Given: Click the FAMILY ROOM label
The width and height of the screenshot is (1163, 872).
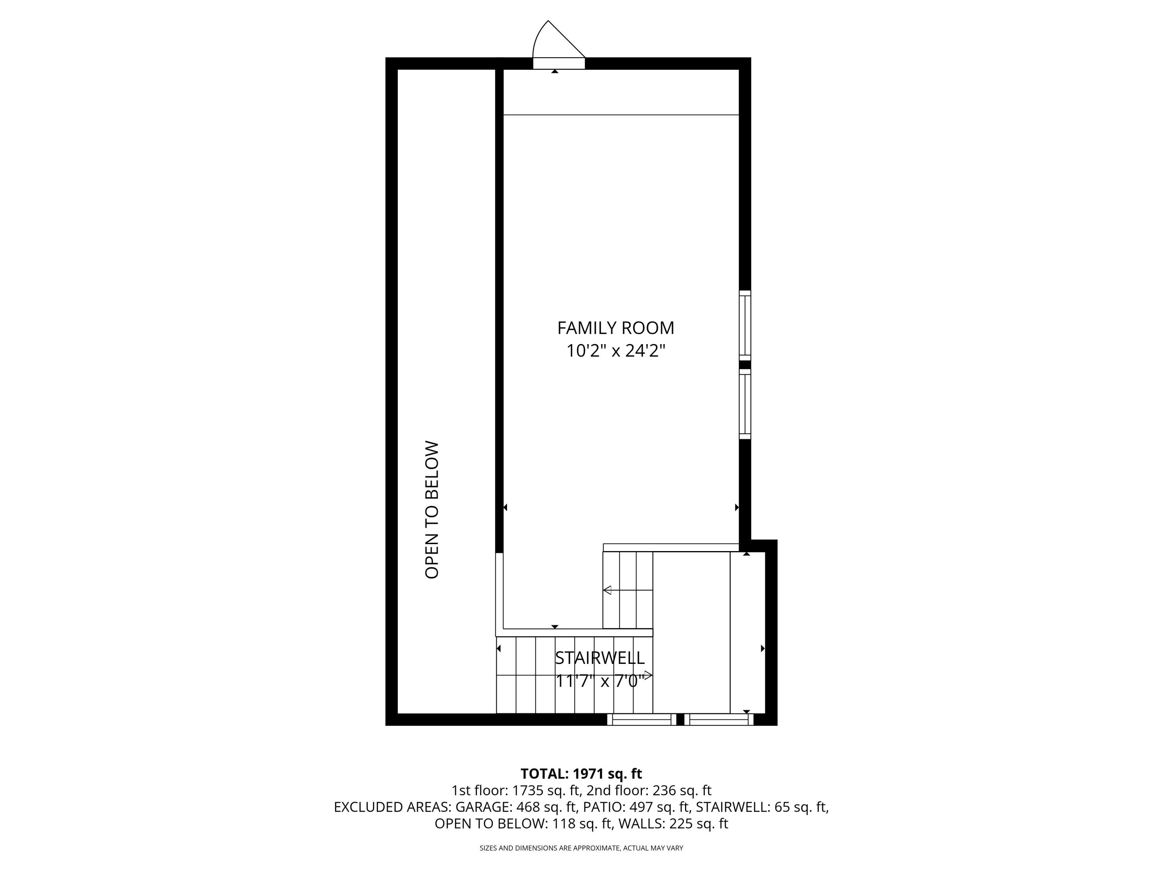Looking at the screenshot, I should point(615,328).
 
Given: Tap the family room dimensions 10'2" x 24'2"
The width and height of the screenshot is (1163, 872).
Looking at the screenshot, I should point(615,351).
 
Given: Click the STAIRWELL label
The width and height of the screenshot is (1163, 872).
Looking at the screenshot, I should point(599,658).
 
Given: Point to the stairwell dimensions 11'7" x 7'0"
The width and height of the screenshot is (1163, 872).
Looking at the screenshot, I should point(599,681).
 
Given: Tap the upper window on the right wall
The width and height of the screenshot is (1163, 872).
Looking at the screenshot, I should point(745,326).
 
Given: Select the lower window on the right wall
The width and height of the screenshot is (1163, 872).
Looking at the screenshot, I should point(745,404).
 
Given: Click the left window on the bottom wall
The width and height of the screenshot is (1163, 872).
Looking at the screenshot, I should point(642,720).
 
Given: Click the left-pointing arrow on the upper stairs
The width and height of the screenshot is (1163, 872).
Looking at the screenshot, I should point(607,590).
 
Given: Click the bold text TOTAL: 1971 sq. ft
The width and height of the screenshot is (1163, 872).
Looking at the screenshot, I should point(581,774).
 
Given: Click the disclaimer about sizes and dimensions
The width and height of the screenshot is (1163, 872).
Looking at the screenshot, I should point(581,848).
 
